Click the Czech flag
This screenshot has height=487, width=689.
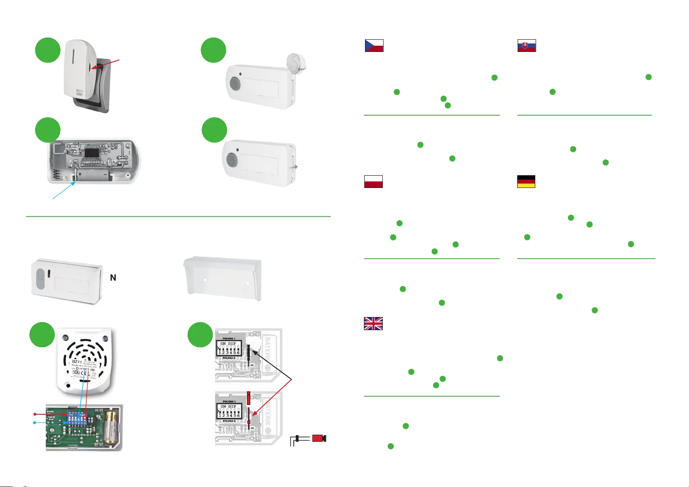click(374, 45)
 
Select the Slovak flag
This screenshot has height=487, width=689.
click(527, 45)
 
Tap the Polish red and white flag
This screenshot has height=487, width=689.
click(373, 181)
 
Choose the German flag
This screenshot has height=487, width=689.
click(526, 181)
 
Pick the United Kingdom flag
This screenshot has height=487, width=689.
click(373, 324)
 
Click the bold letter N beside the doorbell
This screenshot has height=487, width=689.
click(113, 278)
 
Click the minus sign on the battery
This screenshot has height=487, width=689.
click(105, 174)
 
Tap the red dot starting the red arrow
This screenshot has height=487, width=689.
click(35, 414)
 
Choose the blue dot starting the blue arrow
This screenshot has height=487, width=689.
click(35, 422)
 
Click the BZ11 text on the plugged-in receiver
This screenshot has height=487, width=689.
click(80, 91)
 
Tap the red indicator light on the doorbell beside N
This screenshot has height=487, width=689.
click(48, 273)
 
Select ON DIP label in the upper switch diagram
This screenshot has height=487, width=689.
click(228, 344)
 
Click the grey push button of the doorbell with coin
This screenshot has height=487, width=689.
click(235, 84)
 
